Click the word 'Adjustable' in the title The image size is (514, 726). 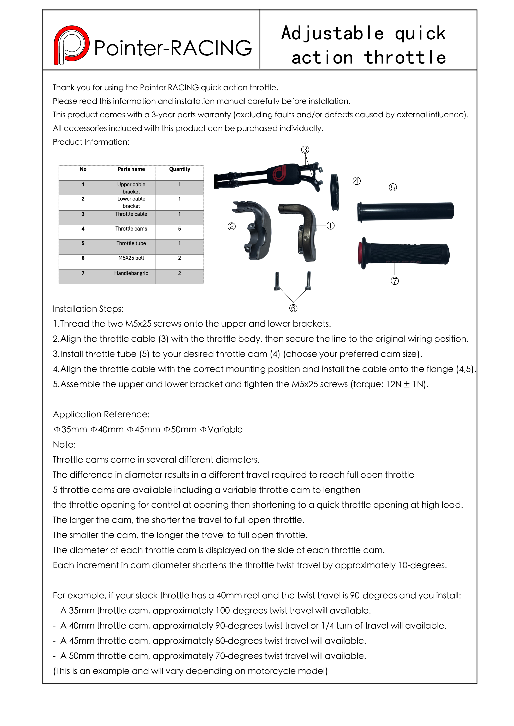click(x=332, y=33)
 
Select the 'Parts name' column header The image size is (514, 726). click(x=131, y=169)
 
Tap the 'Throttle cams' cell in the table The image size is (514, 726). click(x=131, y=229)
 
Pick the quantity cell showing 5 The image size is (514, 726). click(x=179, y=229)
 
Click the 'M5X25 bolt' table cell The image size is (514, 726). click(x=131, y=258)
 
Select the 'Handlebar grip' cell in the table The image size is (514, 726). click(x=131, y=273)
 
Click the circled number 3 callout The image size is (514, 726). click(x=305, y=150)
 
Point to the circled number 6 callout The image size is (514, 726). click(x=293, y=308)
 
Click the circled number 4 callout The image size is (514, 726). click(x=357, y=181)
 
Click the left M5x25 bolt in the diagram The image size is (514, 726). click(x=277, y=281)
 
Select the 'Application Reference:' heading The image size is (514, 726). click(x=101, y=414)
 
